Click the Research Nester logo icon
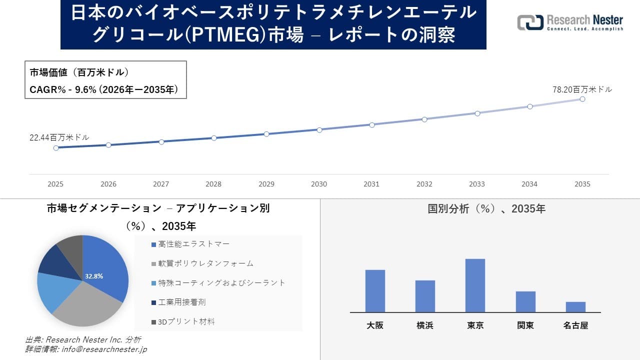pos(530,22)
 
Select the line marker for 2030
pos(319,129)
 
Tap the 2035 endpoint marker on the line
pos(582,99)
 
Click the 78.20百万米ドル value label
pos(582,89)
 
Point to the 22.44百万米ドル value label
pos(59,137)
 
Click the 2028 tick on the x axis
pos(213,184)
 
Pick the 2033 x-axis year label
pos(476,184)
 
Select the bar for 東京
pos(475,285)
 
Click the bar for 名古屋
pos(575,307)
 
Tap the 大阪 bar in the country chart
pos(375,291)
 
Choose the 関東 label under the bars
pos(525,325)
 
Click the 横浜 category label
pos(425,325)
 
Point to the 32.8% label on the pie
pos(94,276)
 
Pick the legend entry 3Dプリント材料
pos(186,321)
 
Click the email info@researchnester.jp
pos(103,349)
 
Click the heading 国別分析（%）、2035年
pos(486,209)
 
